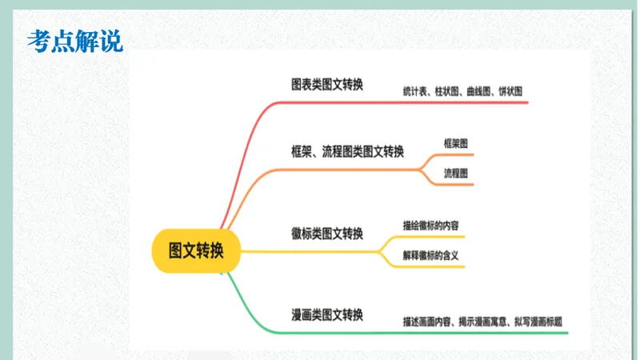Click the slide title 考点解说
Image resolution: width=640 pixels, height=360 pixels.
(x=75, y=41)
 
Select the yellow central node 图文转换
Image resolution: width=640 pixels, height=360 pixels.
(x=196, y=250)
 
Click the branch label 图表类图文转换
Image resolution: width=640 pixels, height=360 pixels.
(x=326, y=84)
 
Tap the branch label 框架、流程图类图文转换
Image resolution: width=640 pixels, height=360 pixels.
(x=347, y=151)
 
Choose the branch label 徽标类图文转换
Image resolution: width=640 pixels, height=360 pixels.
(x=326, y=234)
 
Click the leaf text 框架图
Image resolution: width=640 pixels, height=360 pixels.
(x=456, y=143)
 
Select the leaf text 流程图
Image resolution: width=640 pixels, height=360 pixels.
(x=456, y=173)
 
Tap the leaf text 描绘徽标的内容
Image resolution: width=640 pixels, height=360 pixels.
(x=430, y=225)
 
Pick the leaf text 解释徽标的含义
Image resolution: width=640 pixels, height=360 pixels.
(x=430, y=256)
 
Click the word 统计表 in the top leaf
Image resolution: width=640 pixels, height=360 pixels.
(x=414, y=92)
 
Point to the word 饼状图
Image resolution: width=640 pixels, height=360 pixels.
(x=510, y=92)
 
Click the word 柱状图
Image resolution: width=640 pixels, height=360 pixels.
(x=446, y=92)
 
